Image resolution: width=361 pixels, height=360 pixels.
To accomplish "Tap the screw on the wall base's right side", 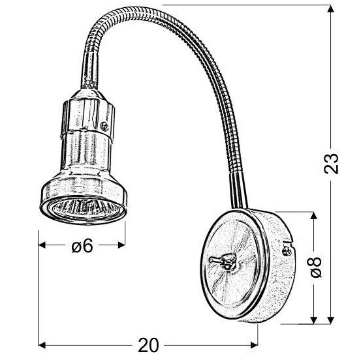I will coord(287,247).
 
